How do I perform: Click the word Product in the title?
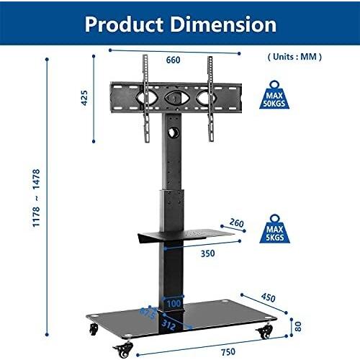(x=124, y=24)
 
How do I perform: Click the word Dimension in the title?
(x=223, y=24)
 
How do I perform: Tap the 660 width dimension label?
(x=173, y=60)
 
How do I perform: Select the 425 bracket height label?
(x=84, y=98)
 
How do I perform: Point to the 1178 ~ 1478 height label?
(x=36, y=198)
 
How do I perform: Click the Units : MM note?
(x=294, y=57)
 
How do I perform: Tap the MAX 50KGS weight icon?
(x=274, y=95)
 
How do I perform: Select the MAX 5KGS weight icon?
(x=274, y=229)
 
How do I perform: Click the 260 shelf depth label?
(x=236, y=222)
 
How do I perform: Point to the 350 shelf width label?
(x=208, y=253)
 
